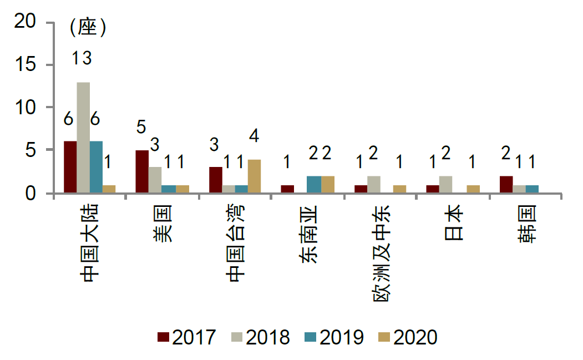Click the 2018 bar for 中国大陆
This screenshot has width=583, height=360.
click(x=83, y=138)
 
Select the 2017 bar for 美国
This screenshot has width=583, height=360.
click(x=142, y=171)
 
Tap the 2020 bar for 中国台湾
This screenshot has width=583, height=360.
click(x=255, y=176)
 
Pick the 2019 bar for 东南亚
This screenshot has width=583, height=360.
click(x=313, y=184)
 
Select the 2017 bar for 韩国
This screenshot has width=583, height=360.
click(x=506, y=184)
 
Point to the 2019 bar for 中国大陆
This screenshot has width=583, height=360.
click(x=97, y=167)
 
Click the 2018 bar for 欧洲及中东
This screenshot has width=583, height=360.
click(x=374, y=184)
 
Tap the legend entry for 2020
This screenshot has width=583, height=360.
click(x=408, y=337)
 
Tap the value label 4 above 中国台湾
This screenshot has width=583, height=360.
click(x=255, y=136)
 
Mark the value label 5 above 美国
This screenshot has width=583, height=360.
click(x=141, y=127)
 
